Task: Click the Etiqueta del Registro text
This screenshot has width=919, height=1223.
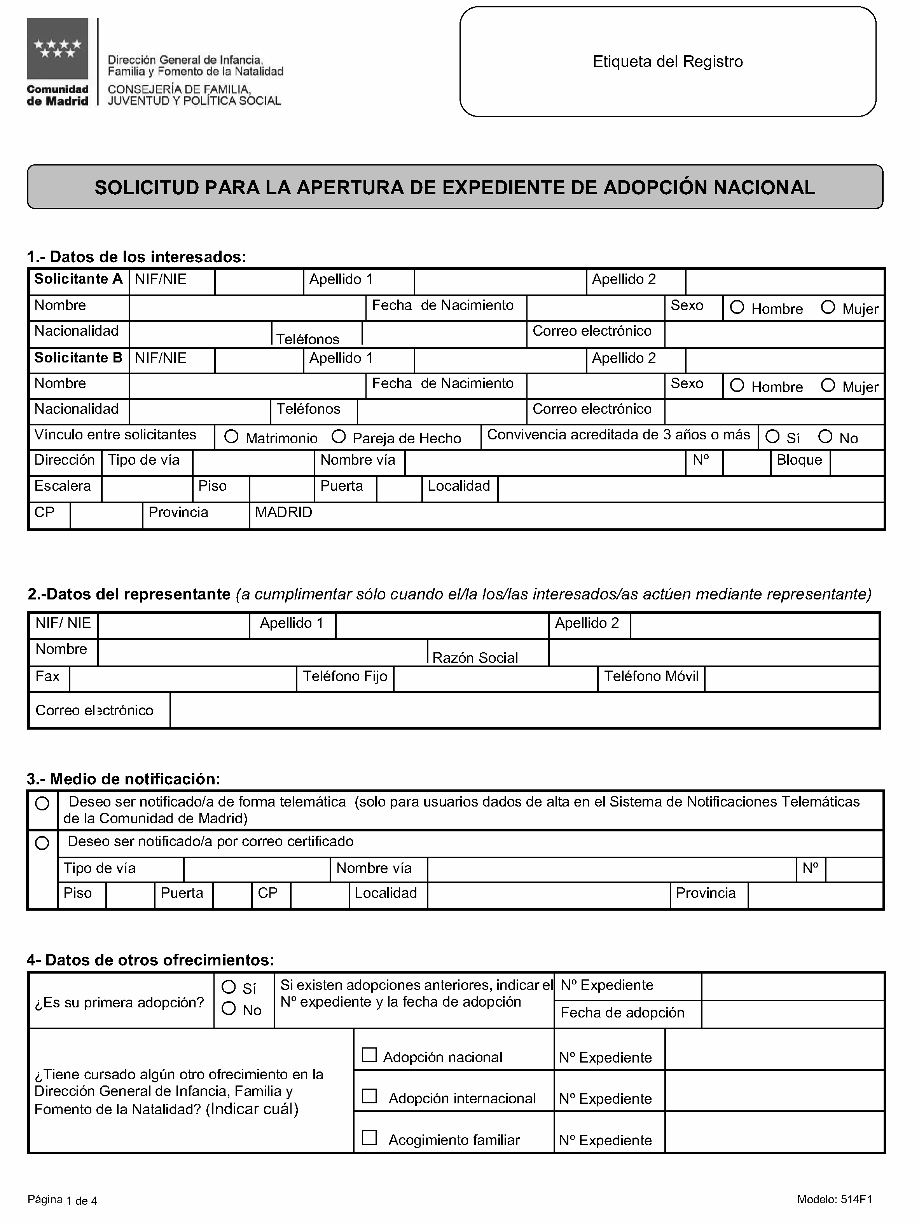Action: click(667, 61)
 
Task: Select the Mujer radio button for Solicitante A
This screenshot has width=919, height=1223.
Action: click(827, 307)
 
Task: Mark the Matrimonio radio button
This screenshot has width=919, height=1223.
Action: click(231, 437)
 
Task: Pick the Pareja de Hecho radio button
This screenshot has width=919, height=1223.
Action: click(339, 437)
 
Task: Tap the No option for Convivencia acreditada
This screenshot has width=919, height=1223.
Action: click(825, 437)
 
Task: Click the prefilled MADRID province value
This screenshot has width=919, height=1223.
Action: click(283, 512)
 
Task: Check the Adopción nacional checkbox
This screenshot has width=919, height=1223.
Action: click(369, 1055)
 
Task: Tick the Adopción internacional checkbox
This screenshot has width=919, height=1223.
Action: click(369, 1096)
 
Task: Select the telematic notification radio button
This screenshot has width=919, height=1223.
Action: click(42, 804)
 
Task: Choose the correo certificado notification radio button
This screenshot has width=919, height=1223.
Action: click(42, 843)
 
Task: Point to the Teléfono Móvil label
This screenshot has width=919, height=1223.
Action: click(651, 676)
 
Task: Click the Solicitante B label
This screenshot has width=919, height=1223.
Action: click(78, 358)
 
